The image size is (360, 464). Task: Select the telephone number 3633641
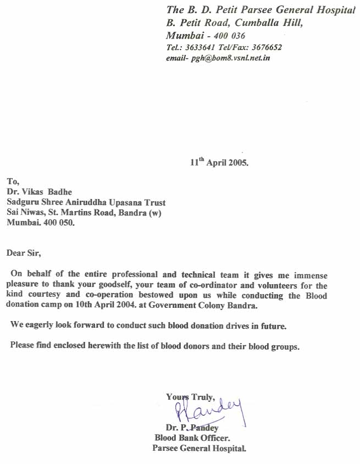point(201,47)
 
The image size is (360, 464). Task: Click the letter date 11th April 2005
point(219,163)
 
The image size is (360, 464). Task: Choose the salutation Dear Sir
point(24,253)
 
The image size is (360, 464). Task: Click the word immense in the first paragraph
point(310,275)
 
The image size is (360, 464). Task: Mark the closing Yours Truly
point(190,397)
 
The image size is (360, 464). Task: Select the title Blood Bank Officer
point(192,438)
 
